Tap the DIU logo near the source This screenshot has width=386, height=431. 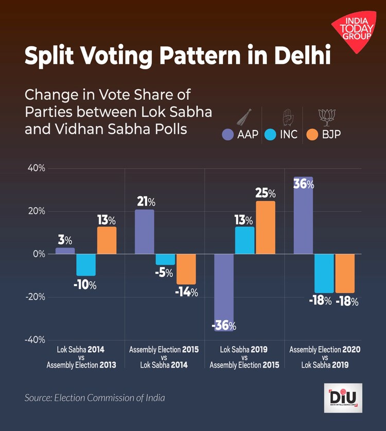(343, 398)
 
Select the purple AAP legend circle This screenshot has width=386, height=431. (228, 136)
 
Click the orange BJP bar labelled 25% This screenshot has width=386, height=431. (266, 227)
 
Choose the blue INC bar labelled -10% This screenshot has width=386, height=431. (86, 264)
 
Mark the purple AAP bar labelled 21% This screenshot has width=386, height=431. (145, 231)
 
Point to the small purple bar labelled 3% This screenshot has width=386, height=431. (65, 251)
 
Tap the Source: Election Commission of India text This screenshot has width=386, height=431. (95, 397)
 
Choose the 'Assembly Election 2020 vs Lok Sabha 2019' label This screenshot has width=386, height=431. (325, 357)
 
